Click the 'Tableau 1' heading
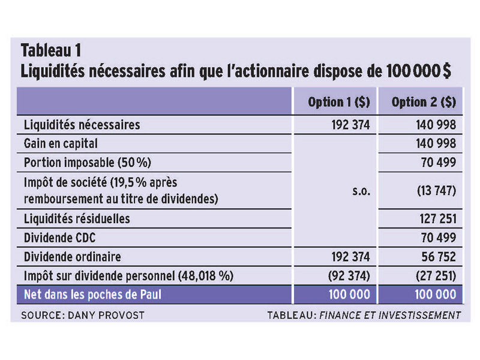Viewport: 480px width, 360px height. (x=51, y=50)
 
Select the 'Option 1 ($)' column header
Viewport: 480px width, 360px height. (x=339, y=102)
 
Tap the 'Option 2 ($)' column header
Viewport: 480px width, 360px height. (x=424, y=102)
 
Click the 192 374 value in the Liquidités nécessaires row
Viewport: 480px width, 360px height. (x=350, y=125)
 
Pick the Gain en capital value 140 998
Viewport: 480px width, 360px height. (x=436, y=143)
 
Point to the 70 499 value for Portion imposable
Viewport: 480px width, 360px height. (x=439, y=163)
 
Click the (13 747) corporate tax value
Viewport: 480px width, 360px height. (x=437, y=191)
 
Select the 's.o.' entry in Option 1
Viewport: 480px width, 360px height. (x=361, y=191)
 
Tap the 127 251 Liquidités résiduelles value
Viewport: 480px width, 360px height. (x=438, y=219)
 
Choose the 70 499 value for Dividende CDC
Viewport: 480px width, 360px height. (x=439, y=238)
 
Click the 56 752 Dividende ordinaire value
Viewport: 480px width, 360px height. (x=439, y=257)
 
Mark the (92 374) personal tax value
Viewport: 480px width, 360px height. (x=349, y=276)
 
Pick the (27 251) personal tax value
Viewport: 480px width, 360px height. (x=436, y=276)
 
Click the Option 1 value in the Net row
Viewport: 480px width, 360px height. (x=349, y=295)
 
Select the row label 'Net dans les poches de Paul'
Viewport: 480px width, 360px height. (x=92, y=295)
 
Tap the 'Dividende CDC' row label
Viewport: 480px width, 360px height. (x=59, y=238)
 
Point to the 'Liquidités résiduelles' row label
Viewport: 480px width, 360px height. (x=77, y=219)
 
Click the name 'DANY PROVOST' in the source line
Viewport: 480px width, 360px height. (x=106, y=316)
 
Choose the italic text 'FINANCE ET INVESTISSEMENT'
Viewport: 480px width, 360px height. (x=390, y=316)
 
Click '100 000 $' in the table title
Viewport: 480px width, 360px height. (x=418, y=71)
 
